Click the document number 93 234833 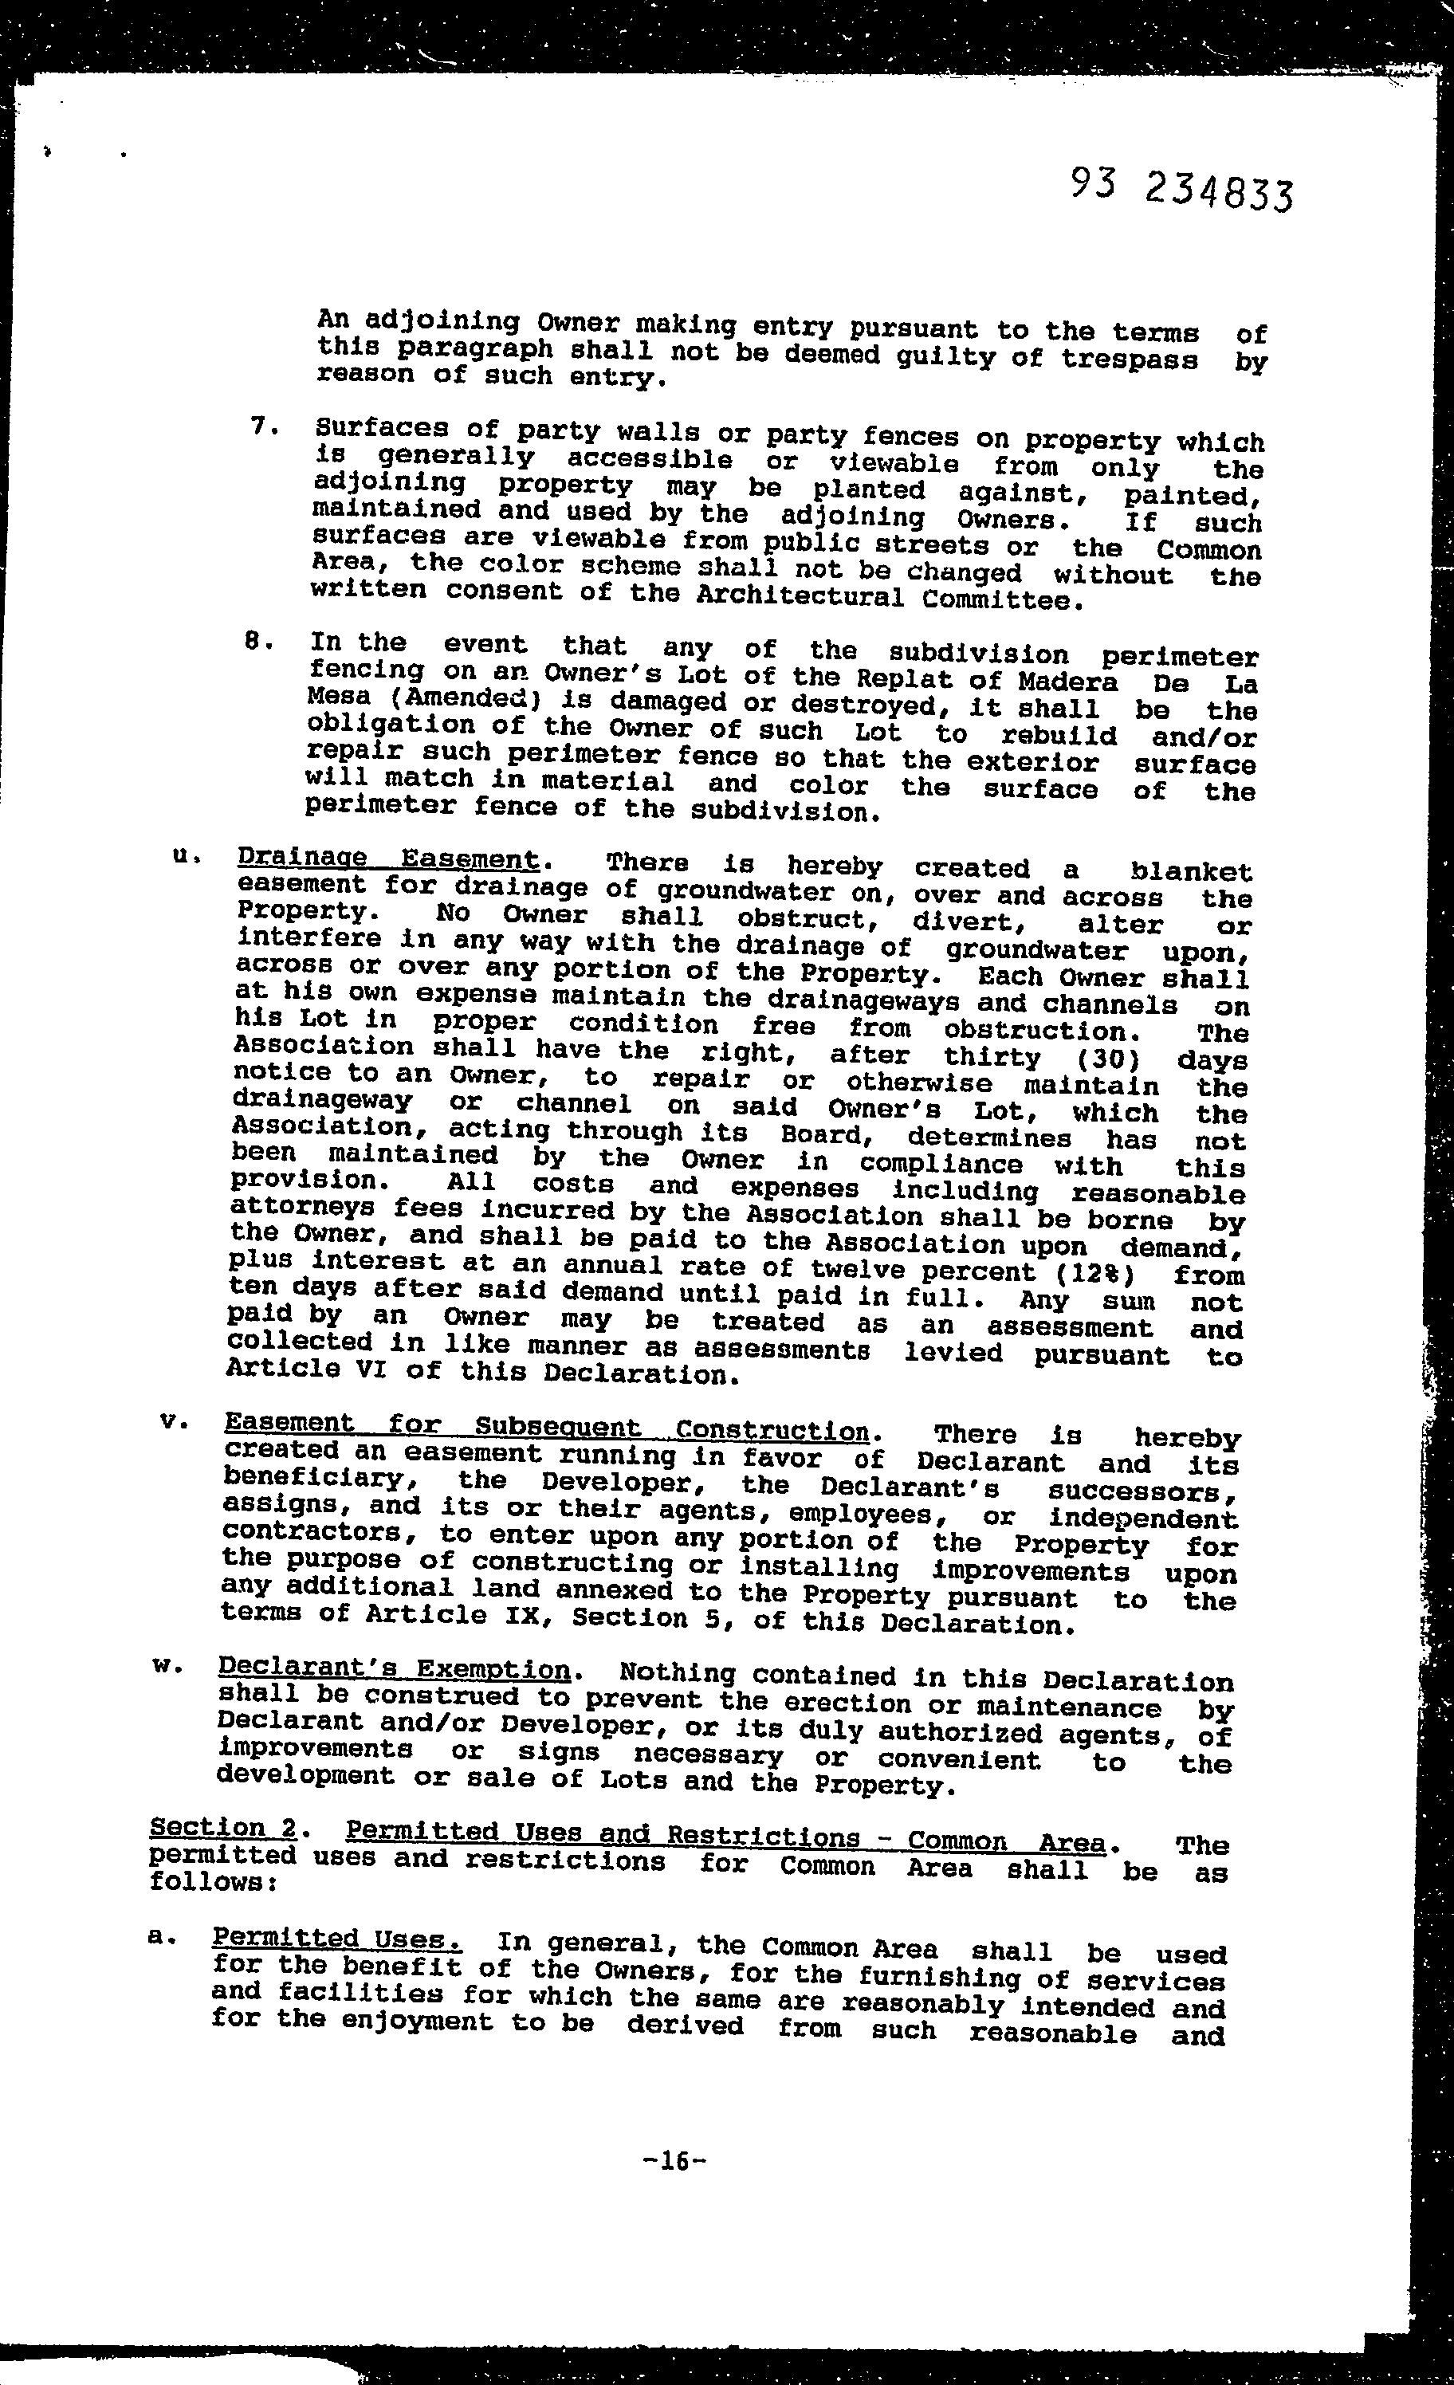[x=1181, y=189]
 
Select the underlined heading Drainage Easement [x=387, y=859]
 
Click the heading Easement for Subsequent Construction [x=546, y=1426]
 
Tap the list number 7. [x=257, y=426]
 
